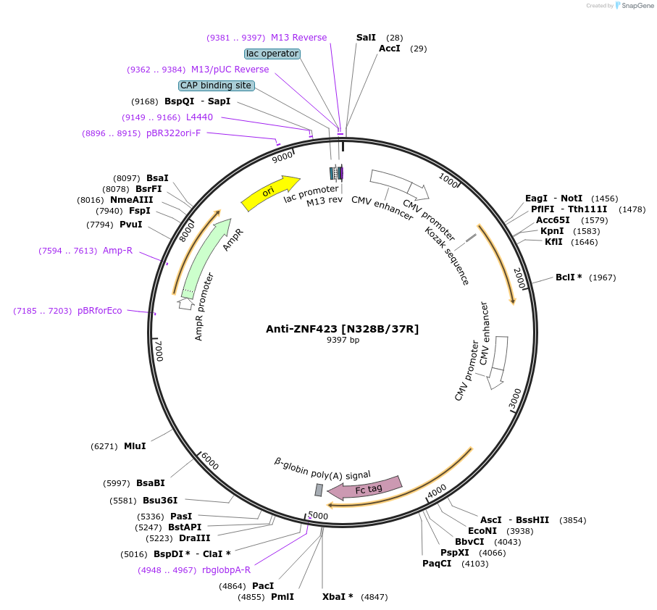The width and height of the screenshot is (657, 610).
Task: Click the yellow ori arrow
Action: pos(270,192)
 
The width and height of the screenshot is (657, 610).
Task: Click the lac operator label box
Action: pos(272,54)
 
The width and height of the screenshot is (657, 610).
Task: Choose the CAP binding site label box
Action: pos(216,85)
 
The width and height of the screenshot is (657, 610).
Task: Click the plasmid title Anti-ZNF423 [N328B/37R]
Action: pos(342,329)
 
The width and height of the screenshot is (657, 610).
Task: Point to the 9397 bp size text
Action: pos(343,340)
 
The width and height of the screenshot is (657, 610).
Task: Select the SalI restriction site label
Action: pos(366,37)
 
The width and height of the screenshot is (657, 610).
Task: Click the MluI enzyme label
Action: pos(135,446)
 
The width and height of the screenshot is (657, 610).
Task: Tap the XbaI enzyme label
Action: pos(338,597)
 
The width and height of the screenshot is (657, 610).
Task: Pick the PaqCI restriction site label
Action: pos(437,563)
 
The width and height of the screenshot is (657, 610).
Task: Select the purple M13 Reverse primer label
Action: pos(298,37)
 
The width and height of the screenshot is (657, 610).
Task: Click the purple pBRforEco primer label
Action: pos(100,311)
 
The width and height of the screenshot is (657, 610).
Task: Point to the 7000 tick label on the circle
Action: pos(159,351)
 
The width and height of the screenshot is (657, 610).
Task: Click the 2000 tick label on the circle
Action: pos(519,277)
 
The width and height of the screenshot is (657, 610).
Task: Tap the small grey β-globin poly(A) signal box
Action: pos(319,490)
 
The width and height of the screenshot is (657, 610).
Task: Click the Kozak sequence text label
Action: pos(447,256)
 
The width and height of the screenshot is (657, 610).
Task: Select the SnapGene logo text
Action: pos(635,6)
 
